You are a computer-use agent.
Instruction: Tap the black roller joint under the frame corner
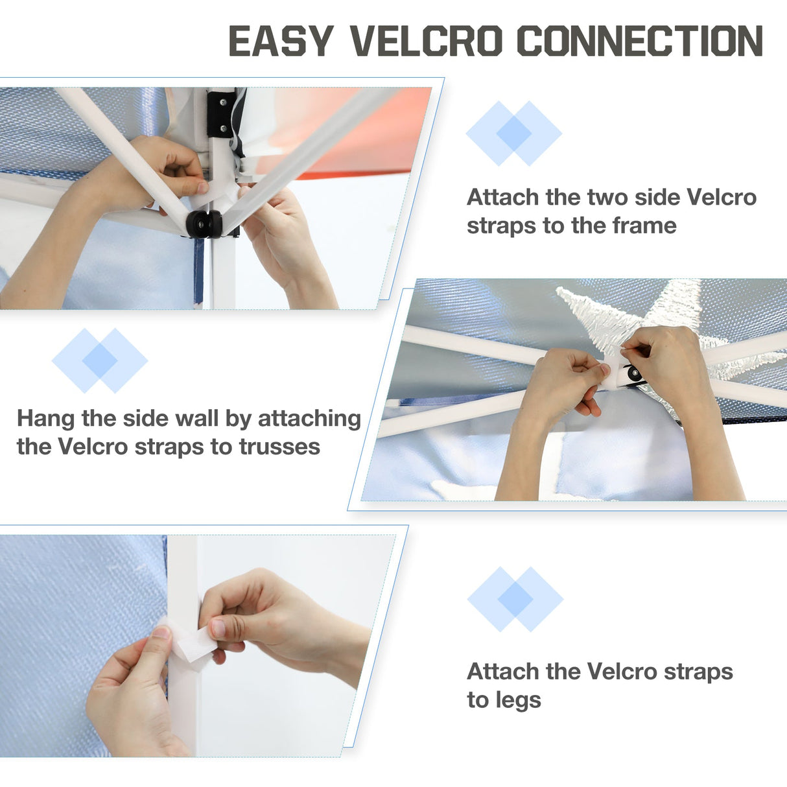point(204,224)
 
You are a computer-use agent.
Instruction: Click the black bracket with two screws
point(220,114)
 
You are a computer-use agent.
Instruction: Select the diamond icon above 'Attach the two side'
point(514,133)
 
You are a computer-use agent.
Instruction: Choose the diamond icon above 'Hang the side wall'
point(100,360)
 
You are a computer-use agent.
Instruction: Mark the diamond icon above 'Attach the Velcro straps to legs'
point(515,599)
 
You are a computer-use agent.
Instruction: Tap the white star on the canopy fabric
point(633,314)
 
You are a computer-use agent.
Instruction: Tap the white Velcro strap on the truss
point(611,368)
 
